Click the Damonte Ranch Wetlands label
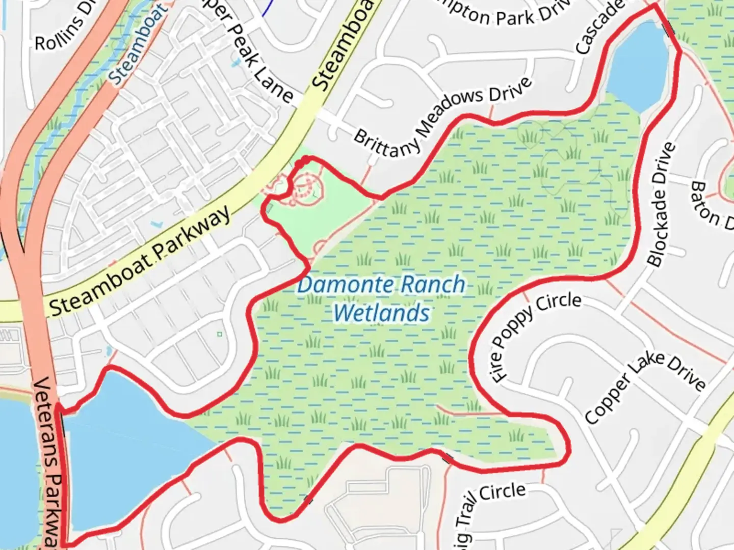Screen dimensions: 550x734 pos(381,298)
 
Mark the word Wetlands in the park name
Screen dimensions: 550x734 pos(381,313)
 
